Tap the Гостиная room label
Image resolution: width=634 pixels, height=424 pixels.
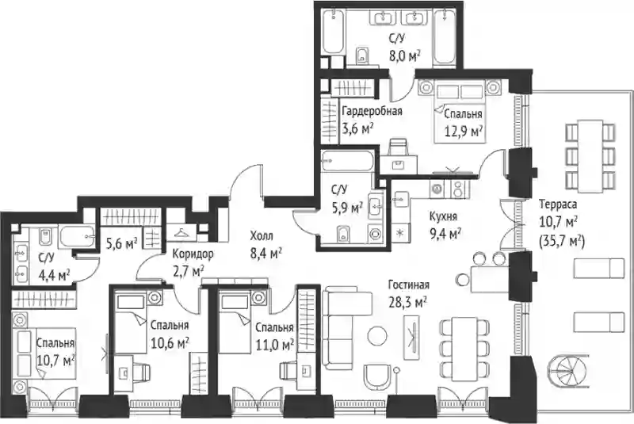408,285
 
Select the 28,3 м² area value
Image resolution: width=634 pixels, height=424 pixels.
407,301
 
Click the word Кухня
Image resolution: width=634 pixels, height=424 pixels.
444,216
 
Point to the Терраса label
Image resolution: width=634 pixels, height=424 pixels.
558,204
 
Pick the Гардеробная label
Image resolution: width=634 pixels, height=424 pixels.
372,111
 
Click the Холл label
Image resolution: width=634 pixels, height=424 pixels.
262,235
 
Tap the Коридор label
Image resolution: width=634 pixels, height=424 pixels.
193,254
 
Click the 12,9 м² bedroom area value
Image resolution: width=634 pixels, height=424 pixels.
464,131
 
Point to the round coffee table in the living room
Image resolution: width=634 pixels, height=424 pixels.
377,335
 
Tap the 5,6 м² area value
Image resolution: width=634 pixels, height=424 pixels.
122,243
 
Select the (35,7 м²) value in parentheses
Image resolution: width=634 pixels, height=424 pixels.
563,242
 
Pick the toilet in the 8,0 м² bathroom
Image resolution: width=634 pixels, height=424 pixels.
362,55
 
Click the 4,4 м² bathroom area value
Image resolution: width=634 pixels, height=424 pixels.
54,276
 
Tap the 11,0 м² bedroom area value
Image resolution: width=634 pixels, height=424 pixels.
274,345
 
